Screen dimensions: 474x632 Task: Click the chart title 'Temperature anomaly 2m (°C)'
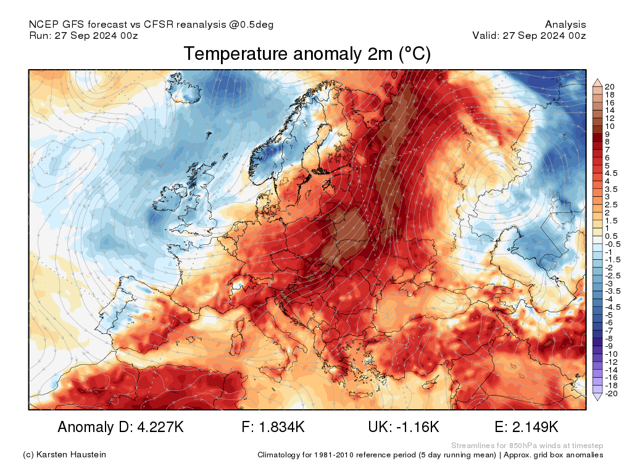[x=307, y=54]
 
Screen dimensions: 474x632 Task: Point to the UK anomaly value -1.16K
[x=415, y=427]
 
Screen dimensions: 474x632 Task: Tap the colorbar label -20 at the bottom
[x=612, y=394]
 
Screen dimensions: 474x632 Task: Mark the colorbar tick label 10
[x=610, y=126]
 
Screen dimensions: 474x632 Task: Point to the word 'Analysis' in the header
[x=565, y=25]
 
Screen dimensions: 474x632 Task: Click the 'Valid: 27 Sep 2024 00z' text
[x=529, y=36]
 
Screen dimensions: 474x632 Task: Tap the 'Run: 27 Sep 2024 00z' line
[x=83, y=36]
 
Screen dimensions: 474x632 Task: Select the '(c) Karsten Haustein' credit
[x=64, y=455]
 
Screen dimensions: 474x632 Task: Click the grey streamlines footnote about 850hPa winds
[x=527, y=446]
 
